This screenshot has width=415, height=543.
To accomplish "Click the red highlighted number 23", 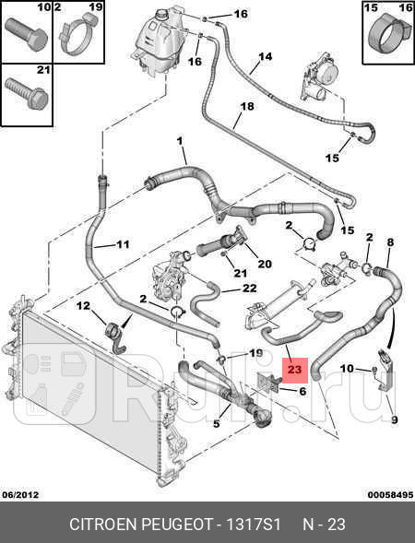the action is coord(295,370).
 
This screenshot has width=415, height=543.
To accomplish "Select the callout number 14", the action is coord(266,56).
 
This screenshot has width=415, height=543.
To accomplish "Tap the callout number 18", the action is coord(247,106).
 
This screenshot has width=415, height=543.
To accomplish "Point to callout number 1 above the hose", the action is coord(180,141).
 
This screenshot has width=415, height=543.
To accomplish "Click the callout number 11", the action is coord(123,244).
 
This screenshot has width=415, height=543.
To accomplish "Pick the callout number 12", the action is coord(83,306).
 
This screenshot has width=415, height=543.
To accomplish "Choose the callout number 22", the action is coord(250,289).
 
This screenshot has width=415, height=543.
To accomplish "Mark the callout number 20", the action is coord(265,264).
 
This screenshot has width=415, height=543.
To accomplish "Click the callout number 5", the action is coord(217,423).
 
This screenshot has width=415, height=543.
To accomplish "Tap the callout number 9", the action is coord(394,420).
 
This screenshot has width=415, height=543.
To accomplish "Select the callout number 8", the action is coord(390,242).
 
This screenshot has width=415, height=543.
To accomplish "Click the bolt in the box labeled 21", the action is coord(27,93).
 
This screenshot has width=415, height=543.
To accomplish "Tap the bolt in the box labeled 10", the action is coord(26,34).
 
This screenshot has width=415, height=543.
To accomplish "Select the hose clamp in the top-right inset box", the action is coord(388,36).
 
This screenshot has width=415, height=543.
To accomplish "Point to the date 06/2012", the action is coord(20,495).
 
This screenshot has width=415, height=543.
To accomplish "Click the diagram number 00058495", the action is coord(390,495).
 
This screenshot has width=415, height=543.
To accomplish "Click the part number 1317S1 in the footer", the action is coord(254,525).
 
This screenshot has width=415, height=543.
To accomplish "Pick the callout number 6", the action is coord(302,391).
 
